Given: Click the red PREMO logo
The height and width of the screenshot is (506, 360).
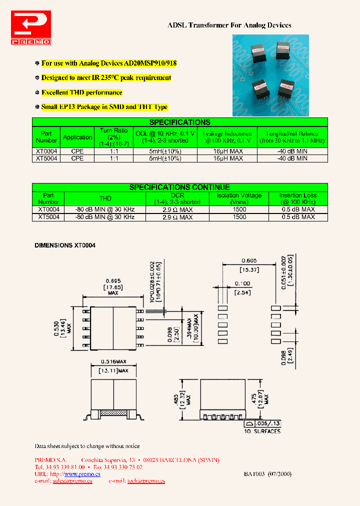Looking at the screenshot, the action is point(31,29).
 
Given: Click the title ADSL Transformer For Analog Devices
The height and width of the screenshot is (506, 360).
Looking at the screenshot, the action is point(229,25).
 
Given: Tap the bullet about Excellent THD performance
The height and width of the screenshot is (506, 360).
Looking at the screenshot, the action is point(81,92).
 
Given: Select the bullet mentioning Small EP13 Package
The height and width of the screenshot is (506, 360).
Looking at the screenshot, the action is point(104,107).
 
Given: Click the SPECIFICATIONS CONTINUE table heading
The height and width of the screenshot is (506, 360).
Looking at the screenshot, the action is point(179,187).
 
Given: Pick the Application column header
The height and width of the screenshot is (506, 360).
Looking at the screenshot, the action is point(77,137).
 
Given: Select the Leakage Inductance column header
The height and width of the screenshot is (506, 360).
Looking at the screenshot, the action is point(227,137).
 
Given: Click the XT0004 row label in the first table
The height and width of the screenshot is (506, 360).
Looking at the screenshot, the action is point(46,150).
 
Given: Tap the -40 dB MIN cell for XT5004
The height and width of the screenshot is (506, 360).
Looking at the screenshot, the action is point(292,158).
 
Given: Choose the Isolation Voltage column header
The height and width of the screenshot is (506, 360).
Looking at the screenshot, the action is point(239,198).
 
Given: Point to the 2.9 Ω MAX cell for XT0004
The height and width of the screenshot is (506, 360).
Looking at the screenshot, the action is point(177,210).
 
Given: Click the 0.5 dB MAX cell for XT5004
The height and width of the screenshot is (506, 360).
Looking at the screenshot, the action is point(298,217).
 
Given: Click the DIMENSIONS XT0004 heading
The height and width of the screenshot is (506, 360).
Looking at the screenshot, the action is point(65,245).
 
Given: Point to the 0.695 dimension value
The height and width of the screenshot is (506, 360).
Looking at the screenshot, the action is point(113,280).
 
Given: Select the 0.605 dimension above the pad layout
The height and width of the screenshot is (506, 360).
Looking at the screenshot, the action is point(249,260).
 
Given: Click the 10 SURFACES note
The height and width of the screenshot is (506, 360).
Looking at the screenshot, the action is point(262,431).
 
